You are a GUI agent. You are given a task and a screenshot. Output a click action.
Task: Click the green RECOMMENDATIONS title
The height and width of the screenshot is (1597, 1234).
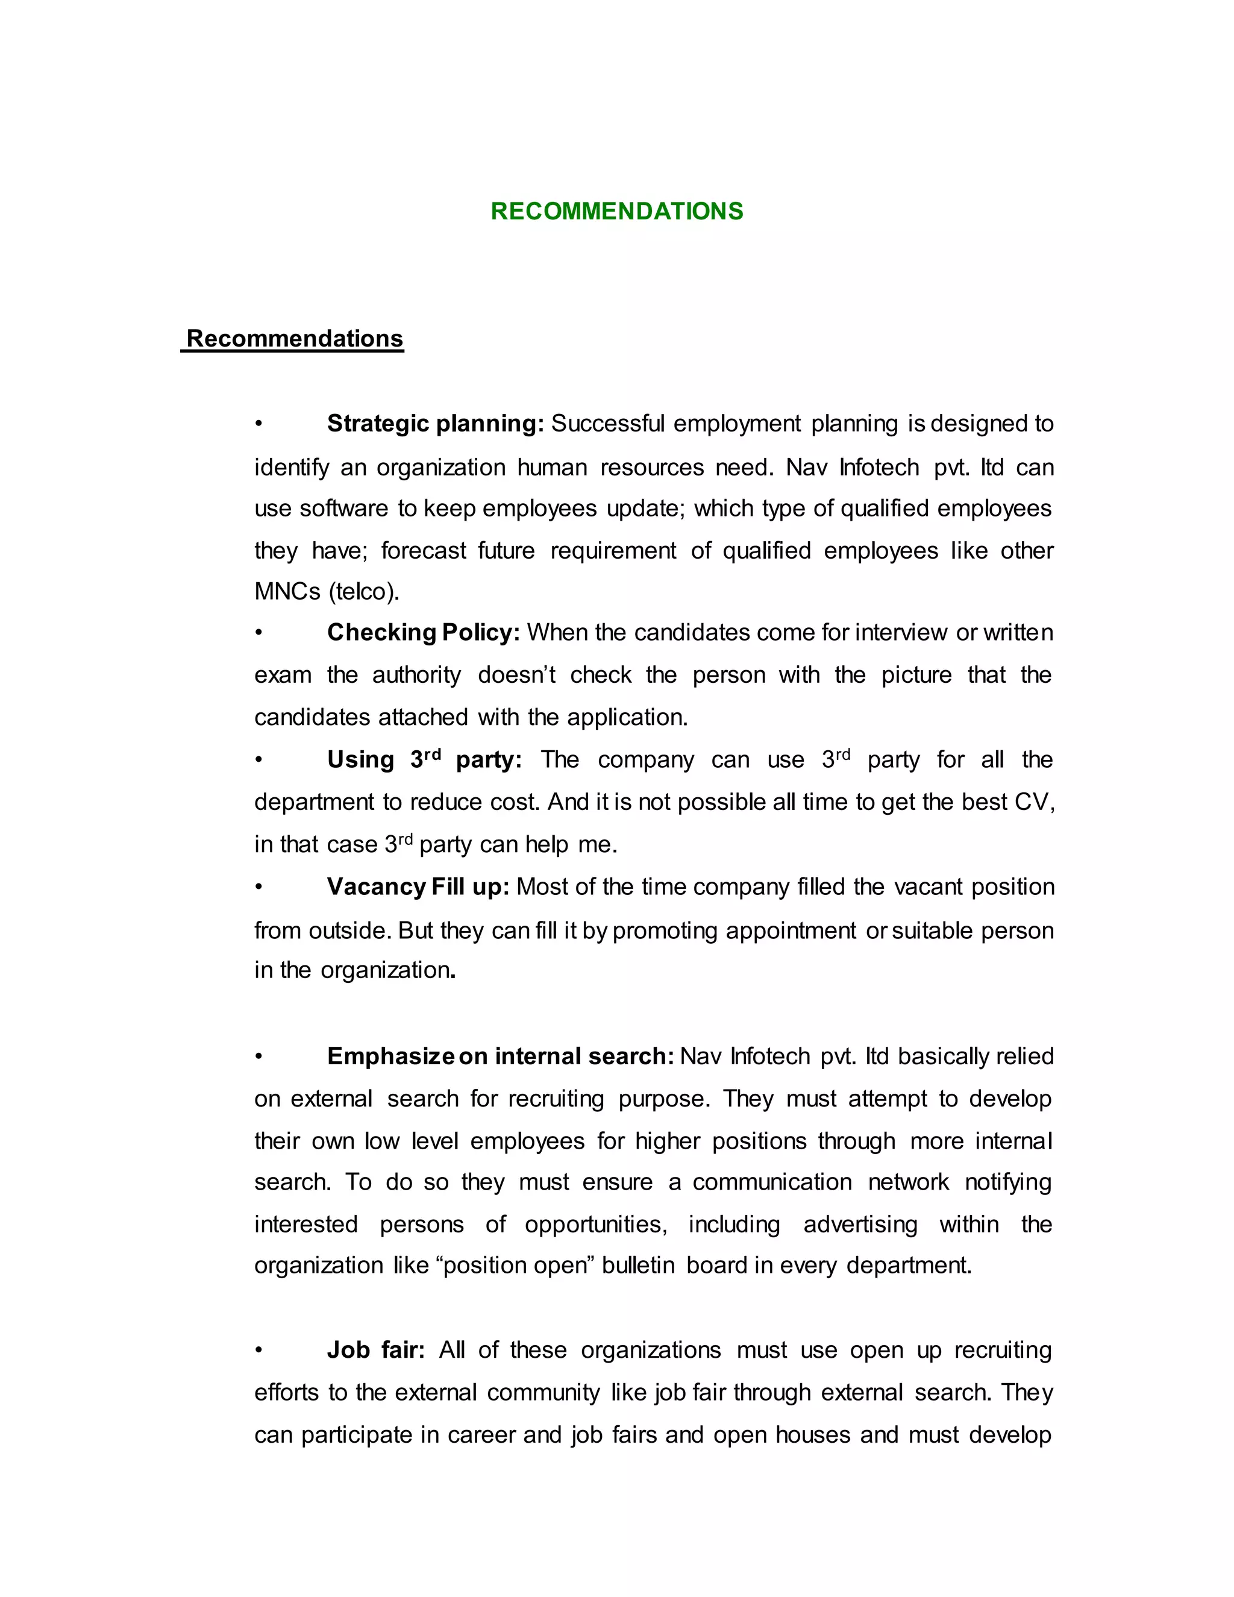pyautogui.click(x=616, y=212)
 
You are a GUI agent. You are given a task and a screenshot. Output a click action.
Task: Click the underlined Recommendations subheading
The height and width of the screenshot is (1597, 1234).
pyautogui.click(x=294, y=339)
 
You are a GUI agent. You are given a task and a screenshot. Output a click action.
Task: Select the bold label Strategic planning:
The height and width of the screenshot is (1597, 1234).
pyautogui.click(x=435, y=424)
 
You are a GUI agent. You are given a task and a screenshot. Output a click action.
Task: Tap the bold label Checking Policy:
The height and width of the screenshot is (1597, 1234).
pyautogui.click(x=422, y=632)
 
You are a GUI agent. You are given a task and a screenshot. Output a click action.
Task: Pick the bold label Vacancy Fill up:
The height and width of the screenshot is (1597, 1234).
pyautogui.click(x=418, y=886)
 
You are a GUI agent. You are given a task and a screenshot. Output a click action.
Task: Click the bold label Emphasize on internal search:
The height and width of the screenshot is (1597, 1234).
pyautogui.click(x=500, y=1056)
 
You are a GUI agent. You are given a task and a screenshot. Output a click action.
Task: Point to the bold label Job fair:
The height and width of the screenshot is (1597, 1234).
pyautogui.click(x=375, y=1349)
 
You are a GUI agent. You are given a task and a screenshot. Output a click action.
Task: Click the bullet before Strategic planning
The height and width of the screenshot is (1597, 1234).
pyautogui.click(x=258, y=424)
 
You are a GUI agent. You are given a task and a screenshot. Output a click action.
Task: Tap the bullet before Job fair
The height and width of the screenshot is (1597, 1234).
pyautogui.click(x=258, y=1350)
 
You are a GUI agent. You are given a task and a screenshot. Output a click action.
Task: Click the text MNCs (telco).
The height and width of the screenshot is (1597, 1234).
pyautogui.click(x=327, y=591)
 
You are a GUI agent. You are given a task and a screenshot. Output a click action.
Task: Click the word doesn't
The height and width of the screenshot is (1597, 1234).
pyautogui.click(x=516, y=674)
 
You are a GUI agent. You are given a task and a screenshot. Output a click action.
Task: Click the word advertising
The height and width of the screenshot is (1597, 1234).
pyautogui.click(x=860, y=1224)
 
